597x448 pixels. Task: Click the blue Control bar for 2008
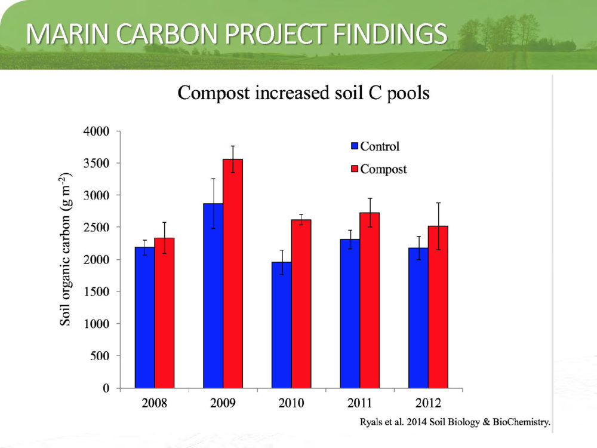(144, 317)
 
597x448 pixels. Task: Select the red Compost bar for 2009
(233, 274)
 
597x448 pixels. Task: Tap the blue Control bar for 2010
(282, 325)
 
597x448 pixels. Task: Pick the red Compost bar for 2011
(370, 300)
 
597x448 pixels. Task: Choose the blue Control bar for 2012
(418, 318)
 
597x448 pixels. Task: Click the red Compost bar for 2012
(438, 307)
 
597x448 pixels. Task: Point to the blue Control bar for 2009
(213, 296)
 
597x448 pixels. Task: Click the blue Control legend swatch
(355, 146)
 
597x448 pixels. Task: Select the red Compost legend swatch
(355, 169)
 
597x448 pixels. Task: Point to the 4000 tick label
(96, 131)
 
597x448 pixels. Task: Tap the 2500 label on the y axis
(96, 228)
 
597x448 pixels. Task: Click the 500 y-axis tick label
(100, 356)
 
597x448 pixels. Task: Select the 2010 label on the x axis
(291, 403)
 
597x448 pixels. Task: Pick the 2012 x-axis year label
(428, 403)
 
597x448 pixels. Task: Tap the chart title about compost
(303, 93)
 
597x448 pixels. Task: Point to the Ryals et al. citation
(455, 422)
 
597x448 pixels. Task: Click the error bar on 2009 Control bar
(213, 204)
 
